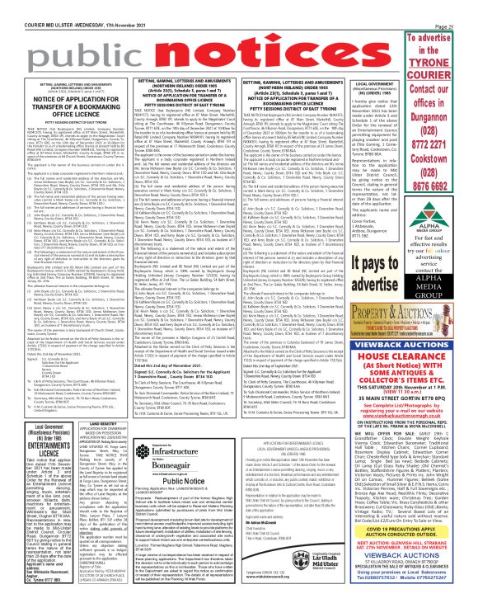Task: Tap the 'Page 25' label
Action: tap(462, 6)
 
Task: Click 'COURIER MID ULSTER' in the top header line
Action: tap(41, 6)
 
